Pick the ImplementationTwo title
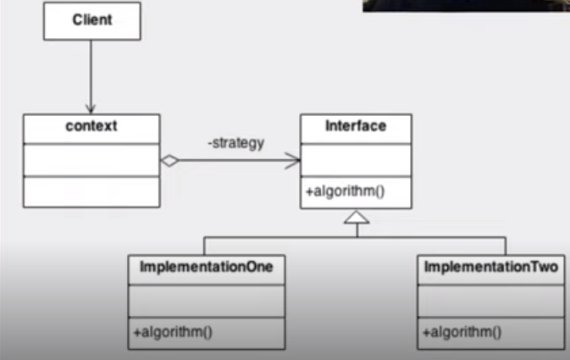click(490, 268)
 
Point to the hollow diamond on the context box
click(169, 159)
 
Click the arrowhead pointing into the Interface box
click(295, 159)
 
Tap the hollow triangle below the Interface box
click(356, 218)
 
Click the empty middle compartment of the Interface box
click(356, 160)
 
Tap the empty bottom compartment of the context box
click(91, 191)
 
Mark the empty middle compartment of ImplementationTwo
click(490, 299)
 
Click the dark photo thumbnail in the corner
click(466, 6)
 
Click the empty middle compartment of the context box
click(91, 158)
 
